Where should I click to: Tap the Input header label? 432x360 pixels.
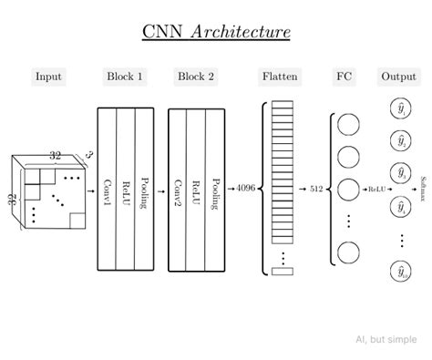coord(49,77)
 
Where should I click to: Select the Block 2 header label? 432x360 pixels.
coord(196,77)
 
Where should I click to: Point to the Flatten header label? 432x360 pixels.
coord(279,77)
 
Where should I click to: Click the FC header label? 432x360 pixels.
coord(343,77)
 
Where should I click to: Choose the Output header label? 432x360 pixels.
coord(398,77)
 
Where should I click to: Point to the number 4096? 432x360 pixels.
coord(246,189)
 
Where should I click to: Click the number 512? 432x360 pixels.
coord(316,189)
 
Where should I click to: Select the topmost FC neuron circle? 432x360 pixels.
coord(348,125)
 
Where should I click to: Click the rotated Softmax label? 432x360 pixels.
coord(423,189)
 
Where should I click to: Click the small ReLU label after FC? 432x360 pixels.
coord(375,189)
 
